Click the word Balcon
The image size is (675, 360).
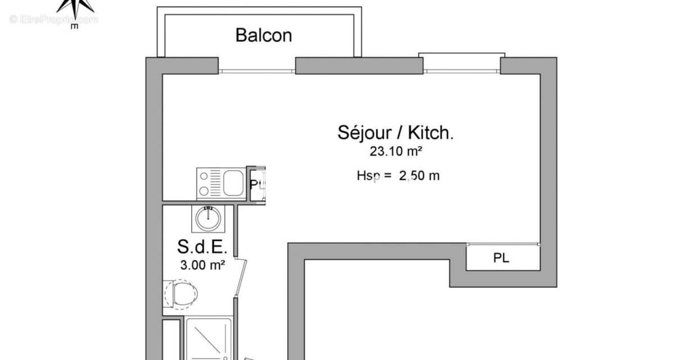tap(263, 35)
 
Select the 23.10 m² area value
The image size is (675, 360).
tap(395, 151)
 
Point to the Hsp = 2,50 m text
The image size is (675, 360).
tap(398, 175)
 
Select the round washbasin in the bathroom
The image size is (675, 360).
tap(208, 218)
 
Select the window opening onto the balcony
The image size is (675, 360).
tap(256, 71)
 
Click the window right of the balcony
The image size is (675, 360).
tap(461, 71)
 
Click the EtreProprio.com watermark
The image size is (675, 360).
tap(53, 20)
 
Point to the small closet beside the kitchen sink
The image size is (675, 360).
tap(258, 184)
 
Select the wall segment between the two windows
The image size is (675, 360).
tap(359, 66)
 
